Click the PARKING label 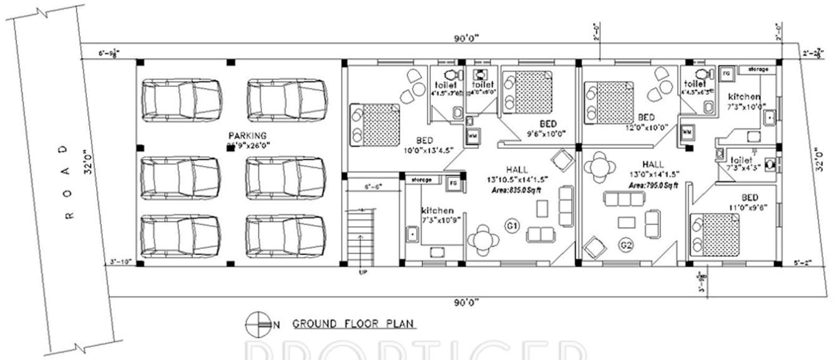pos(247,135)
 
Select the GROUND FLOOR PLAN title pos(353,324)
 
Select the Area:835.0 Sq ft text pos(516,189)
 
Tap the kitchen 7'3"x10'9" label pos(438,216)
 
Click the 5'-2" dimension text pos(804,263)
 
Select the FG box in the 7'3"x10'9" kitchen pos(452,183)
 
